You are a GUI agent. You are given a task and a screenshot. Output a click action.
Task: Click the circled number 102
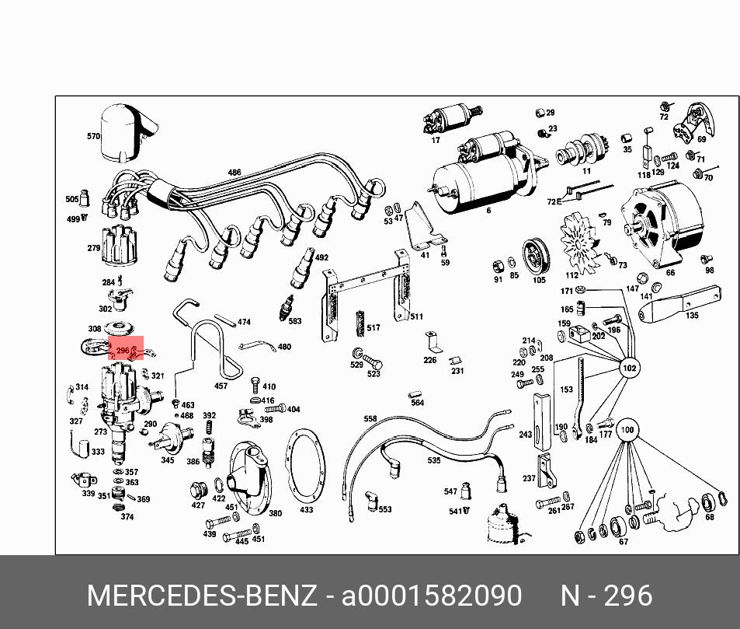click(x=629, y=368)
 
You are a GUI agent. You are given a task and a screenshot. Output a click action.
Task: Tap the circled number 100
click(x=627, y=430)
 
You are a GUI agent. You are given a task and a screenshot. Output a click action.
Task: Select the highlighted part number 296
click(x=123, y=351)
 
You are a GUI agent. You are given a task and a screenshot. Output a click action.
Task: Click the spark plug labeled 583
click(x=287, y=307)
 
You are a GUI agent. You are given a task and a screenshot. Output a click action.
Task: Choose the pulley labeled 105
click(x=536, y=257)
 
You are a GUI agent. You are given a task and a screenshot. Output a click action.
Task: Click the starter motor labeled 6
click(x=486, y=172)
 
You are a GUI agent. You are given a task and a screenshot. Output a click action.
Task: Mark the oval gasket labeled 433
click(x=305, y=467)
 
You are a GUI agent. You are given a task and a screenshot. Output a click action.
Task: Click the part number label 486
click(x=235, y=173)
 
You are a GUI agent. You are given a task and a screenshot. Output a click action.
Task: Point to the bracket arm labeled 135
click(x=680, y=303)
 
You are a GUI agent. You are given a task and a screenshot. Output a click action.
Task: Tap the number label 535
click(x=434, y=460)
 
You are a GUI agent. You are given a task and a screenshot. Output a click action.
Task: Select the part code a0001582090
click(x=432, y=596)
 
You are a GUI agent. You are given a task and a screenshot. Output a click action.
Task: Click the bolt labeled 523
click(x=373, y=363)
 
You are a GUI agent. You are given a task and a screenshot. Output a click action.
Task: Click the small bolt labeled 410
click(x=255, y=385)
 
